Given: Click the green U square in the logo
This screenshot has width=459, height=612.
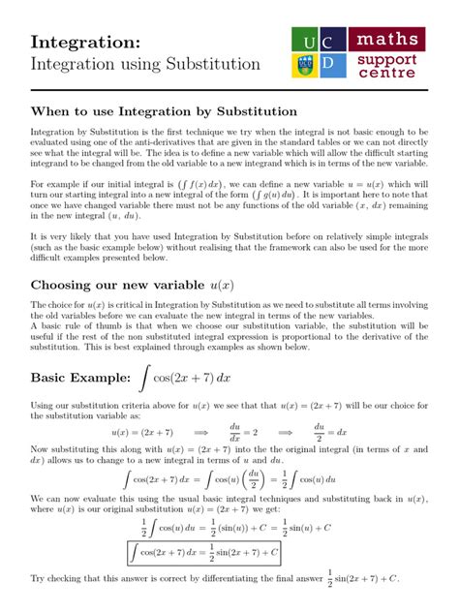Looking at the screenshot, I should click(308, 42).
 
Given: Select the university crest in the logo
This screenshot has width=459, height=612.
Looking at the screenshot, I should click(308, 65).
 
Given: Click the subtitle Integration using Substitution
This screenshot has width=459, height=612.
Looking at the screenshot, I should click(145, 65).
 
